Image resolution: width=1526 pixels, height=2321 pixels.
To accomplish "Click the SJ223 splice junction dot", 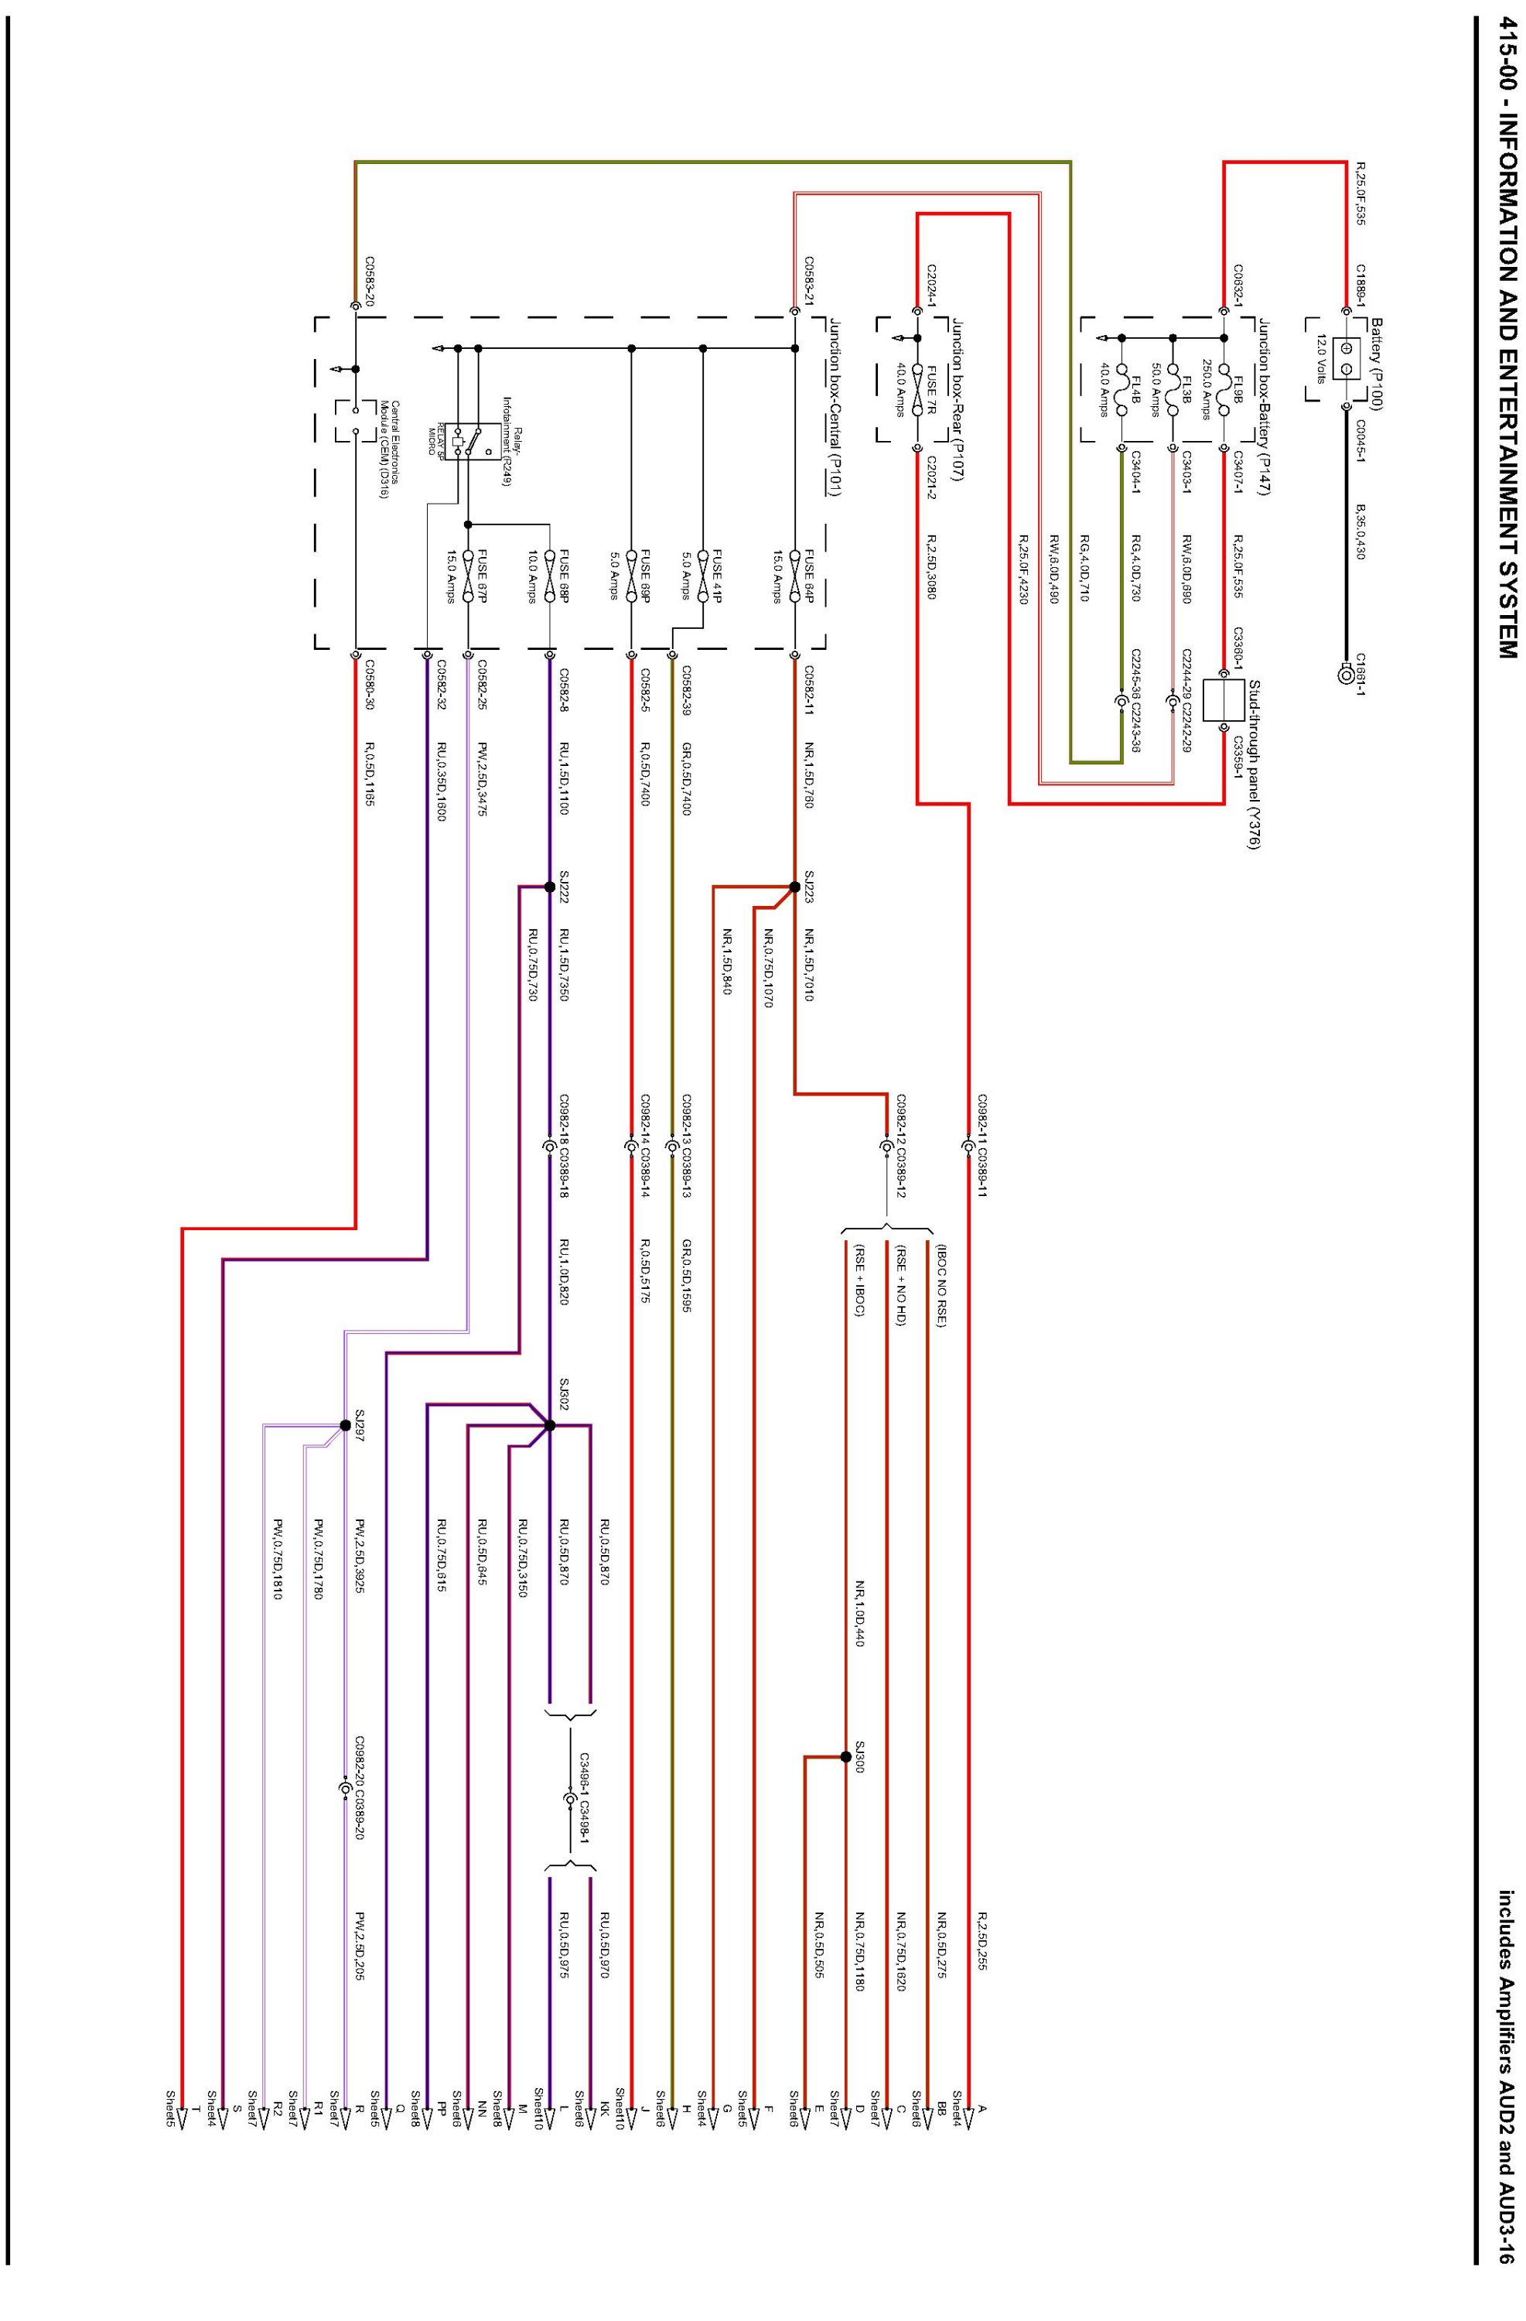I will coord(794,887).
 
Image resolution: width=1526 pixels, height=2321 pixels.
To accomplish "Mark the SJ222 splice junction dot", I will coord(549,887).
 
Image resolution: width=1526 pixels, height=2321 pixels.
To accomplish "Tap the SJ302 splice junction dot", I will coord(549,1425).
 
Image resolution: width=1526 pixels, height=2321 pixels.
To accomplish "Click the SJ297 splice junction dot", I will coord(345,1425).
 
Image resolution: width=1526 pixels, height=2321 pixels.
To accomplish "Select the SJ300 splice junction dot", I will coord(845,1756).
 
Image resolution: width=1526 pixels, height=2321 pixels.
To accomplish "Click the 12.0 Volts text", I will coord(1320,359).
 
